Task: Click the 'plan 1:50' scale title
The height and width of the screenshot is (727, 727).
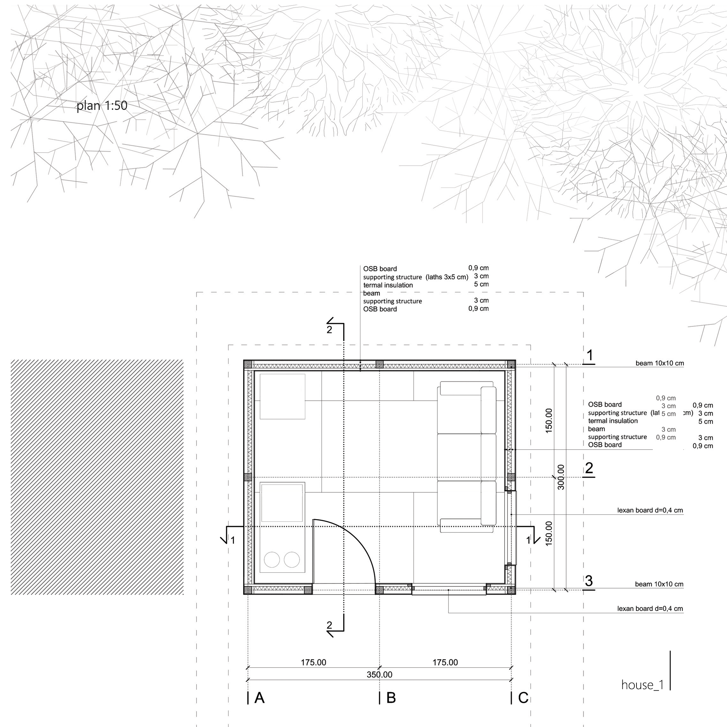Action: tap(102, 106)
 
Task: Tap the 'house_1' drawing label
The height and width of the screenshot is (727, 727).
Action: tap(642, 685)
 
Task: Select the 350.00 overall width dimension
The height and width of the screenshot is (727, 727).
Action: tap(379, 674)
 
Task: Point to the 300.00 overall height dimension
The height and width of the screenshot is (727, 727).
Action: tap(561, 477)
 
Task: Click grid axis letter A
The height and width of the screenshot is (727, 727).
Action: tap(259, 698)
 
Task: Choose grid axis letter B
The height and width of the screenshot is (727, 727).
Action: tap(391, 698)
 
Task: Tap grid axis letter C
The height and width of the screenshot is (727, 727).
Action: tap(523, 698)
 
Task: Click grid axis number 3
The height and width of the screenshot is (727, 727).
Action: tap(589, 580)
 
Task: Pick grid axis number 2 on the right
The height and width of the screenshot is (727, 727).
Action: tap(589, 468)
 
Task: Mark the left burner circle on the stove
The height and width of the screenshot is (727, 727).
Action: tap(272, 560)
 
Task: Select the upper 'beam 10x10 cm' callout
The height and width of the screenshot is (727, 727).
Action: tap(660, 363)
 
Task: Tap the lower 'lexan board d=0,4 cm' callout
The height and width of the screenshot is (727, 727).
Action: tap(650, 609)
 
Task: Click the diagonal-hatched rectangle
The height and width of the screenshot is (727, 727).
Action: tap(97, 477)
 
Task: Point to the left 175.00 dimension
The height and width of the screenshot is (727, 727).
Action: tap(313, 662)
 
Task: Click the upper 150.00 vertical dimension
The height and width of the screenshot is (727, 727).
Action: tap(549, 420)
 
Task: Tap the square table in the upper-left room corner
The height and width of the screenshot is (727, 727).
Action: tap(282, 396)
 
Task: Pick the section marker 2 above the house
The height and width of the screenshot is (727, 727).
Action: tap(330, 330)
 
